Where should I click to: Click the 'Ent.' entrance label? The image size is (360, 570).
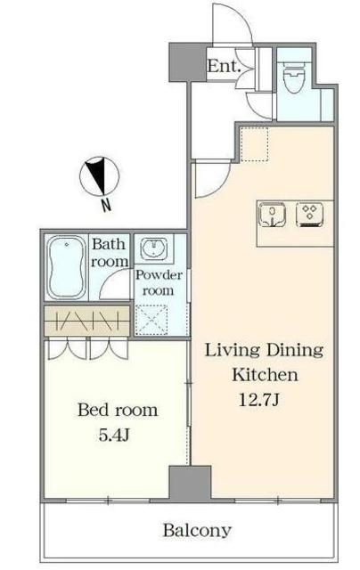click(x=224, y=67)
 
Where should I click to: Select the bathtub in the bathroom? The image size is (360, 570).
click(x=67, y=267)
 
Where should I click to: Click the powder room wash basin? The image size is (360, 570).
click(x=153, y=248)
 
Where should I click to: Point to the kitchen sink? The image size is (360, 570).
click(x=272, y=215)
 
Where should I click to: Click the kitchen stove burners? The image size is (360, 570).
click(x=310, y=215)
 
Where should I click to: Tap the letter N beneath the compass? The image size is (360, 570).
click(x=105, y=206)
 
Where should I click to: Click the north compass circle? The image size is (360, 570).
click(x=100, y=176)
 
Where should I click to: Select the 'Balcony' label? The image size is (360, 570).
click(x=197, y=530)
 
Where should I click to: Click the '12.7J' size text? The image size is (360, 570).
click(x=259, y=400)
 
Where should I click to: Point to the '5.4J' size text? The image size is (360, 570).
click(x=114, y=435)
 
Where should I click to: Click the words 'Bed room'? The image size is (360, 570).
click(x=118, y=410)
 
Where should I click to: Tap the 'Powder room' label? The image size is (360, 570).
click(x=159, y=282)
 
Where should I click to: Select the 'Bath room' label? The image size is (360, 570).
click(x=109, y=252)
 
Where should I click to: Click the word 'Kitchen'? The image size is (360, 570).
click(x=265, y=374)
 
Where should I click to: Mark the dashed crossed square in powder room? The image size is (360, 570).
click(x=151, y=320)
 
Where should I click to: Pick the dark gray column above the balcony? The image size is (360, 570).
click(x=190, y=483)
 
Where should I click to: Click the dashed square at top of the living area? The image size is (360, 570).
click(x=255, y=143)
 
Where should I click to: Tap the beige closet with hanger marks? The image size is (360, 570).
click(x=87, y=321)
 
